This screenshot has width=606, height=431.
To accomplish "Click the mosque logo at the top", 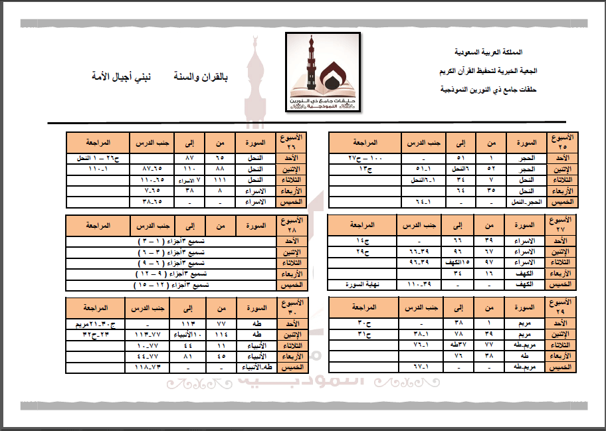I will click(324, 72).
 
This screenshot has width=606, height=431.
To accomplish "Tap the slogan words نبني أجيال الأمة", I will click(122, 76).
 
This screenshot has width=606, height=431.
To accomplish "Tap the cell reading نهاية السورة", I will click(364, 285).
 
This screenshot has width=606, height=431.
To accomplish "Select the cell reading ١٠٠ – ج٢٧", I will click(364, 159).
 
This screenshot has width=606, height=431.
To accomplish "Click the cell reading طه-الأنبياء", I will click(256, 367).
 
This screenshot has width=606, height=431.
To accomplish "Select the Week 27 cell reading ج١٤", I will click(364, 241).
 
